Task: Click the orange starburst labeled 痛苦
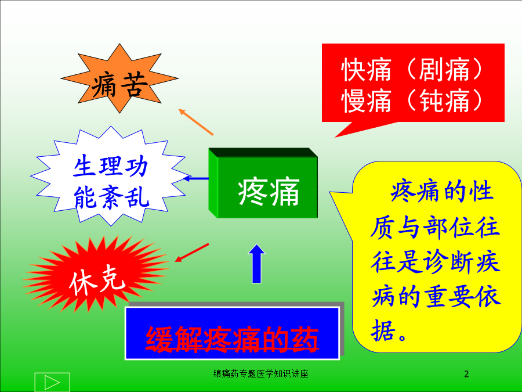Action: [119, 78]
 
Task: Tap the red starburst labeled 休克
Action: [96, 274]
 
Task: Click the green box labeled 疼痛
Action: [263, 183]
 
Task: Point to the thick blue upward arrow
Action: [257, 264]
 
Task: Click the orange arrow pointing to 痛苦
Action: [196, 122]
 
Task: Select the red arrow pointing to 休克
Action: [192, 253]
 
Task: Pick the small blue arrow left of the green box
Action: [196, 179]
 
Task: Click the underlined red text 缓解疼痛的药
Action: [232, 339]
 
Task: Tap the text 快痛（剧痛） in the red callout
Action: [412, 70]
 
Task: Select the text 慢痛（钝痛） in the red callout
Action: [412, 100]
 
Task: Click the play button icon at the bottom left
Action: [52, 382]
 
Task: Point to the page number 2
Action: [466, 374]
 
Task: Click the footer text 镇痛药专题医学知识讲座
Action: [260, 373]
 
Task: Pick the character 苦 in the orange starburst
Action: [134, 85]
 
